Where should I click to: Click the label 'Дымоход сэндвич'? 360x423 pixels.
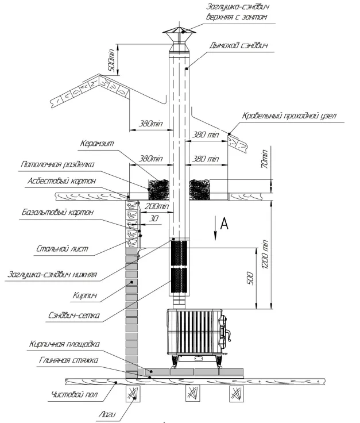pyautogui.click(x=239, y=45)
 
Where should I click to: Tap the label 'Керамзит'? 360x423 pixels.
pyautogui.click(x=97, y=143)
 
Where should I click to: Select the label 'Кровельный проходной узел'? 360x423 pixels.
pyautogui.click(x=289, y=116)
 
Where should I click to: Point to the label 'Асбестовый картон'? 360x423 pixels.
pyautogui.click(x=61, y=180)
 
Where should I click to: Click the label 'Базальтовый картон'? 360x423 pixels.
pyautogui.click(x=57, y=212)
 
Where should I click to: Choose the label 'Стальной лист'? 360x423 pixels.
pyautogui.click(x=62, y=248)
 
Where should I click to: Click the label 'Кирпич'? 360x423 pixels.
pyautogui.click(x=85, y=295)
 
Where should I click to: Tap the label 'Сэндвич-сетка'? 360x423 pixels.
pyautogui.click(x=74, y=315)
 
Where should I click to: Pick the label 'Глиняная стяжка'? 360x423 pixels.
pyautogui.click(x=68, y=360)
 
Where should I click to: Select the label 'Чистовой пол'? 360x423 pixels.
pyautogui.click(x=75, y=394)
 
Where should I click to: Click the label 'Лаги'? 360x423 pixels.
pyautogui.click(x=107, y=414)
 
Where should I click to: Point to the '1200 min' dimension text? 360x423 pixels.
pyautogui.click(x=265, y=254)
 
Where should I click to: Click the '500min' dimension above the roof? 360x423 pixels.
pyautogui.click(x=112, y=60)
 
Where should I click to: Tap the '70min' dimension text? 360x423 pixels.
pyautogui.click(x=265, y=159)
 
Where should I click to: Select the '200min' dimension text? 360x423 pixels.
pyautogui.click(x=157, y=207)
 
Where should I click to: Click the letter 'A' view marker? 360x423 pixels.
pyautogui.click(x=224, y=224)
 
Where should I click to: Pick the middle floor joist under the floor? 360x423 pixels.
pyautogui.click(x=193, y=393)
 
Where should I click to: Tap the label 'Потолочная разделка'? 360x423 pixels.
pyautogui.click(x=57, y=164)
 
